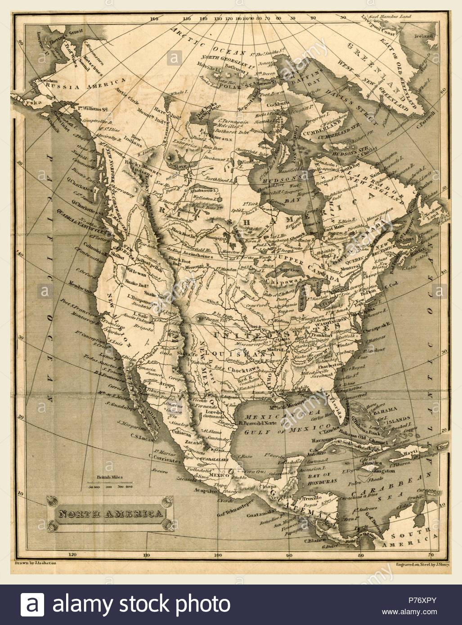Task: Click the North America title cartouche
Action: [x=110, y=513]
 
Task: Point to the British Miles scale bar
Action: [x=110, y=485]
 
